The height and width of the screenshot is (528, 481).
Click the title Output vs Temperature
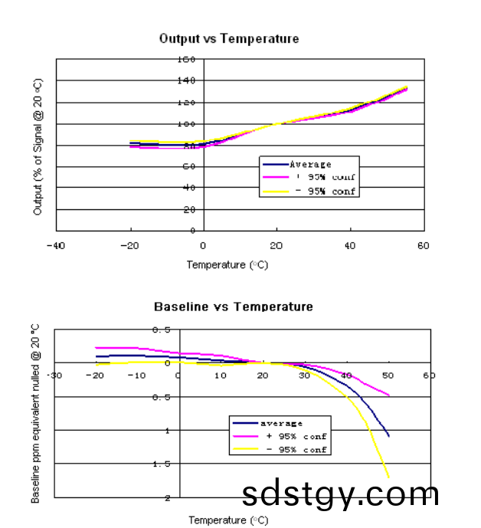[228, 38]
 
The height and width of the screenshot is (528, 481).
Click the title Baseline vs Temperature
[233, 307]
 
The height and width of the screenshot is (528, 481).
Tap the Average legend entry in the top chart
[310, 164]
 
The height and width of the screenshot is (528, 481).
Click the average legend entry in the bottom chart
[281, 423]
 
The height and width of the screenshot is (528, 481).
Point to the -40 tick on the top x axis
[55, 245]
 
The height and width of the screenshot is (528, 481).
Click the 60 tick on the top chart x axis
[423, 245]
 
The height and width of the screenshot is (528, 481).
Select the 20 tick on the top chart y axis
[188, 209]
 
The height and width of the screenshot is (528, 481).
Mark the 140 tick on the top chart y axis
[187, 80]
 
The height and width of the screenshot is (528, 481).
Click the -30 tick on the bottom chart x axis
[54, 376]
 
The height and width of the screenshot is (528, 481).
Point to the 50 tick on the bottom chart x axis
[388, 376]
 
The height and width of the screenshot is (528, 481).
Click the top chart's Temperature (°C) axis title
[227, 265]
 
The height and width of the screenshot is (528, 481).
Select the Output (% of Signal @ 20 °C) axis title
[38, 146]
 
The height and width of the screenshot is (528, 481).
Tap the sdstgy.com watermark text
[341, 494]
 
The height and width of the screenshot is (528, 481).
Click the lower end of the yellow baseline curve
[388, 477]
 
